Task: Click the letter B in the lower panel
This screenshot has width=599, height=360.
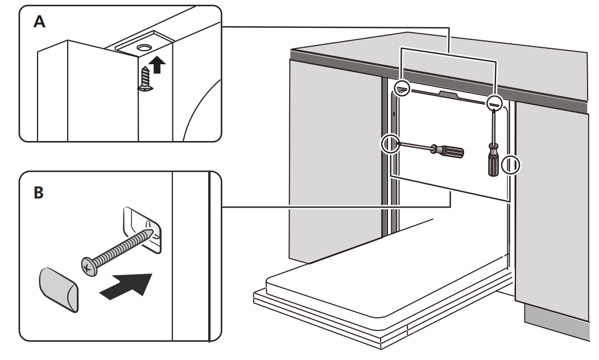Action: coord(38,193)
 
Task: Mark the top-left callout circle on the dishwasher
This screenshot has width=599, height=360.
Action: coord(402,86)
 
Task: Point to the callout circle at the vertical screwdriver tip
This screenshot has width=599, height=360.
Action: coord(494,103)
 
